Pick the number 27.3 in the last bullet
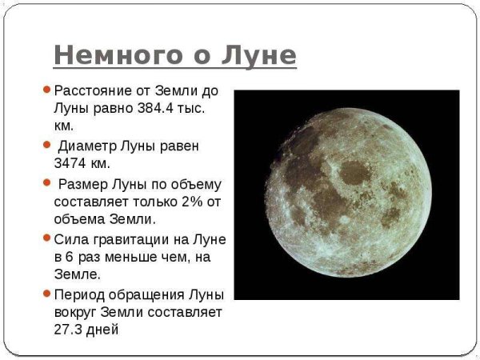pyautogui.click(x=73, y=328)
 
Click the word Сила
pyautogui.click(x=70, y=239)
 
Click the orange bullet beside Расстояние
pyautogui.click(x=47, y=90)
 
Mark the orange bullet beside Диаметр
pyautogui.click(x=47, y=145)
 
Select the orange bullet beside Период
pyautogui.click(x=47, y=292)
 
